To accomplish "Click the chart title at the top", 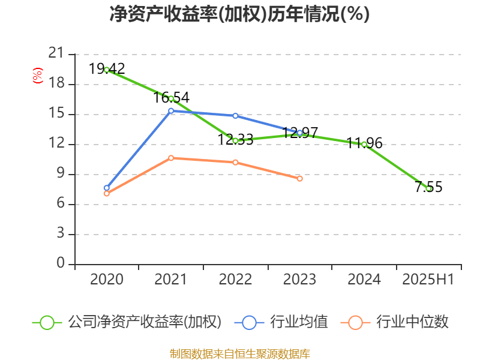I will [x=239, y=14].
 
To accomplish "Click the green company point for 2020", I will [x=107, y=70].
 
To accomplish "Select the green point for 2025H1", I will [x=428, y=188].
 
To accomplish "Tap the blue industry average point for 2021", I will [x=171, y=110].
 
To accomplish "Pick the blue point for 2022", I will [x=235, y=116].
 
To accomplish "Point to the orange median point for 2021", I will [x=171, y=158].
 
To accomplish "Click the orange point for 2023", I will [x=300, y=178].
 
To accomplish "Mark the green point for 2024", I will [x=364, y=144].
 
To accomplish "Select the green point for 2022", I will [x=235, y=140].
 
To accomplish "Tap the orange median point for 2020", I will [x=107, y=193].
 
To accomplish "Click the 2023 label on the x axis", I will [x=300, y=280].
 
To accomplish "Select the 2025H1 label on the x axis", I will [x=428, y=280].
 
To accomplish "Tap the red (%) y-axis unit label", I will [x=38, y=76].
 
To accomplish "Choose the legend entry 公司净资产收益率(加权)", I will [x=144, y=322].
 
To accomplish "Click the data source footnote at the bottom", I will [x=239, y=353].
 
